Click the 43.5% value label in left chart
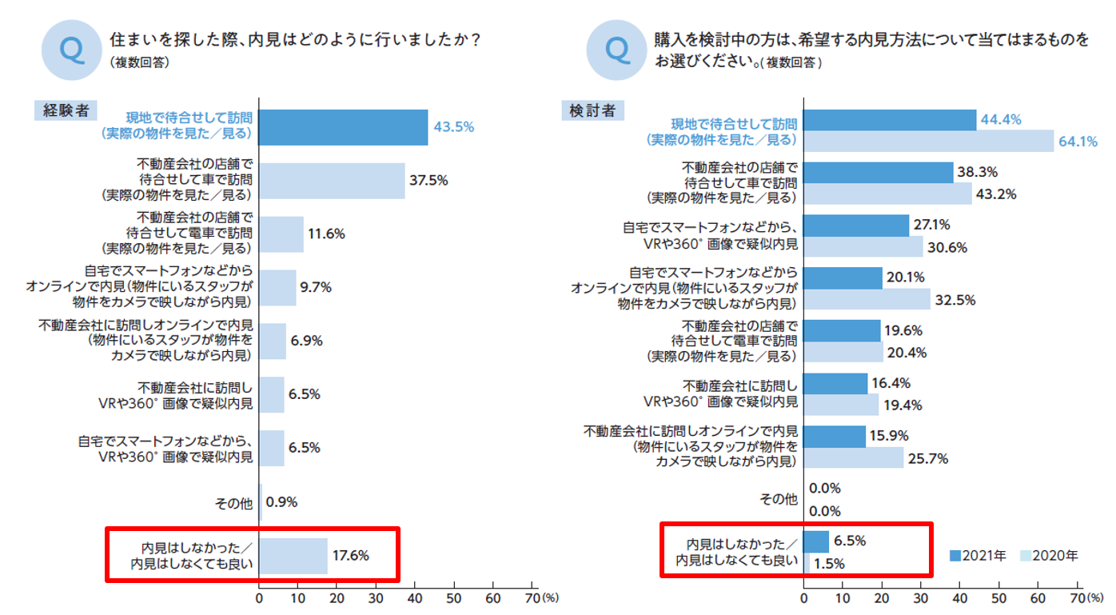coord(454,126)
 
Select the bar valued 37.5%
coord(332,181)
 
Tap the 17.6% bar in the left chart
coord(293,556)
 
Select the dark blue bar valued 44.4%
coord(890,120)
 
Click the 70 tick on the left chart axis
coord(532,597)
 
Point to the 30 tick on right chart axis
coord(921,597)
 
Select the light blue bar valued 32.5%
coord(867,300)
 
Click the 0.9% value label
coord(281,503)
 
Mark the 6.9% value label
coord(306,341)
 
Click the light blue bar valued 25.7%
coord(853,458)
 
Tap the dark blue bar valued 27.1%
coord(856,226)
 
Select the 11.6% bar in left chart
coord(281,234)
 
